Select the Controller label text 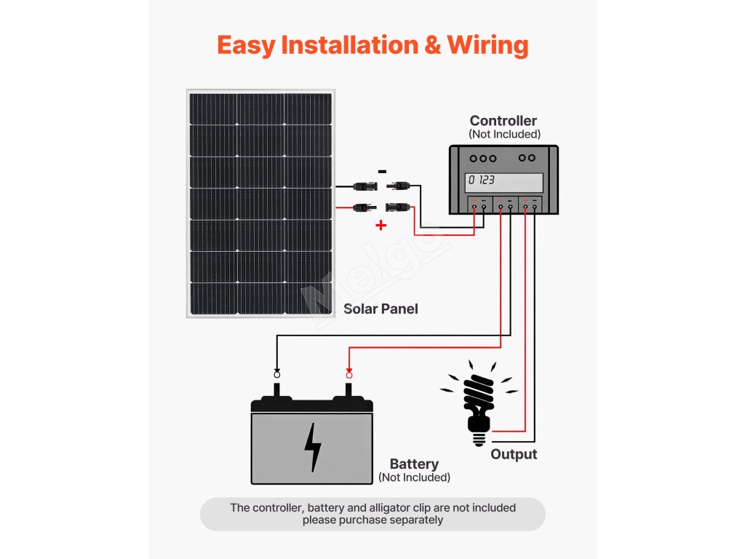[503, 121]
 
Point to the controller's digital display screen [505, 181]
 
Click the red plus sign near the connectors [381, 226]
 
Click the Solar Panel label [381, 309]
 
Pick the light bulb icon [478, 403]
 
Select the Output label [514, 454]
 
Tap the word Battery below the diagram [414, 464]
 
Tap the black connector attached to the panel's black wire [363, 186]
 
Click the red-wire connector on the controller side [397, 207]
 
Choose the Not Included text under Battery [414, 477]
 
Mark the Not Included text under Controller [504, 134]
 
